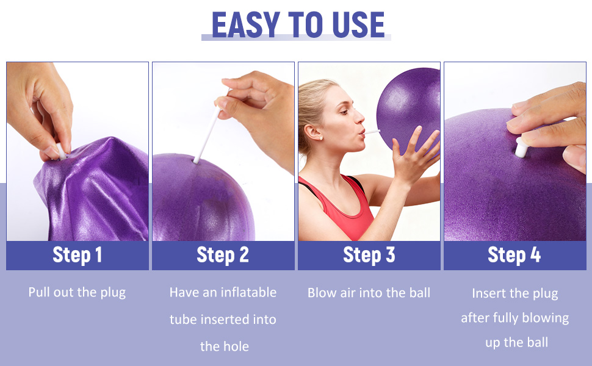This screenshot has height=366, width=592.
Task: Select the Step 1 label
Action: pos(77,255)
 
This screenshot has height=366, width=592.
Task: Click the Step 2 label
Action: pos(223,255)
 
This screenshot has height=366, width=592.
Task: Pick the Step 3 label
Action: pos(369,255)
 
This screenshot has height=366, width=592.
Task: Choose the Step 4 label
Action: pos(514,255)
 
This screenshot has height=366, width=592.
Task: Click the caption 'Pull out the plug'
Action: pos(77,292)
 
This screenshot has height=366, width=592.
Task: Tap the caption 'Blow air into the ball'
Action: pos(369,293)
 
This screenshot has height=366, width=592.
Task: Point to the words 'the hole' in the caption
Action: pos(224,346)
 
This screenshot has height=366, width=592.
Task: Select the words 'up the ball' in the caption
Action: pos(516,342)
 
